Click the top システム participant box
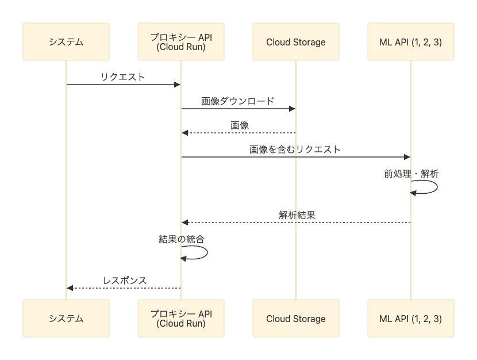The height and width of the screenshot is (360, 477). click(x=66, y=41)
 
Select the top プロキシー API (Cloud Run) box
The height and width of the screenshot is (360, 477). click(x=181, y=41)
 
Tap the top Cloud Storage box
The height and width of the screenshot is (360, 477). click(x=296, y=41)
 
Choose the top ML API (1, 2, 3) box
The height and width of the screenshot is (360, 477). click(x=411, y=41)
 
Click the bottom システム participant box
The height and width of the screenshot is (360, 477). click(x=66, y=319)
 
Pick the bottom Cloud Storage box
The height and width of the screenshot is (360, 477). click(x=296, y=319)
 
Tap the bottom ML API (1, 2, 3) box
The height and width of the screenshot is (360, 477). click(x=411, y=319)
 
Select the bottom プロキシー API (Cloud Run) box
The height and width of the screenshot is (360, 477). click(x=181, y=319)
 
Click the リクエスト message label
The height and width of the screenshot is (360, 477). click(x=123, y=76)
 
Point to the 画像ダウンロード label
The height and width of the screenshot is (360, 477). click(x=238, y=101)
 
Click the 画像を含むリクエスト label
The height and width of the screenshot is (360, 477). click(x=295, y=150)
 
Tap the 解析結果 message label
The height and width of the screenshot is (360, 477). click(x=297, y=215)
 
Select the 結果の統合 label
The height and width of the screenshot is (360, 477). click(x=181, y=239)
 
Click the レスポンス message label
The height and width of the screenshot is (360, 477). click(x=125, y=280)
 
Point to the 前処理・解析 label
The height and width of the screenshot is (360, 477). click(x=411, y=174)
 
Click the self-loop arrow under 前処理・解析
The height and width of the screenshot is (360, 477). click(x=437, y=187)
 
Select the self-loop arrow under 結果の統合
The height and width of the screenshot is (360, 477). click(x=207, y=252)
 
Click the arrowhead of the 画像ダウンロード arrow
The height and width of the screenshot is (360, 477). click(x=292, y=109)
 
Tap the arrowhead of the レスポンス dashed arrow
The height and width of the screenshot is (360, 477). click(x=70, y=288)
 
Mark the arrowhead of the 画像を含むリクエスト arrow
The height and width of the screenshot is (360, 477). click(x=407, y=157)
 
